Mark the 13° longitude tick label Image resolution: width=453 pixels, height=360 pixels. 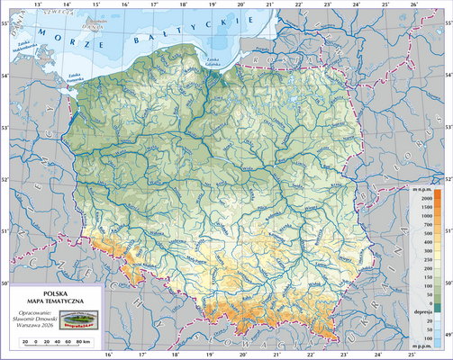pos(37,4)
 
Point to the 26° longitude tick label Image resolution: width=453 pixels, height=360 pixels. pos(413,4)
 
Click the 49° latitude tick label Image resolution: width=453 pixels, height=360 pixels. pos(447,334)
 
